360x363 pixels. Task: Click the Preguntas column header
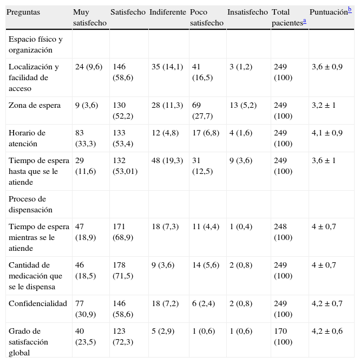[24, 12]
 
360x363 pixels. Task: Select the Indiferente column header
[167, 12]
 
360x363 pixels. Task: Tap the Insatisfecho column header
[247, 12]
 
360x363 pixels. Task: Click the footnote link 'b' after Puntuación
[350, 8]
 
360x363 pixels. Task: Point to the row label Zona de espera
[35, 105]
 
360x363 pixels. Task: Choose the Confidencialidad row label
[37, 303]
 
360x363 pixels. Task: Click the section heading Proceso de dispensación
[30, 204]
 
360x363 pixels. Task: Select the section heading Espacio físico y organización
[36, 44]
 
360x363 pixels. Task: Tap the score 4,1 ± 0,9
[327, 133]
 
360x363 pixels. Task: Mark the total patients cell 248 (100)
[282, 232]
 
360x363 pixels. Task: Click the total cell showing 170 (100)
[282, 336]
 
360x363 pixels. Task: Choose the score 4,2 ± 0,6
[327, 331]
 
